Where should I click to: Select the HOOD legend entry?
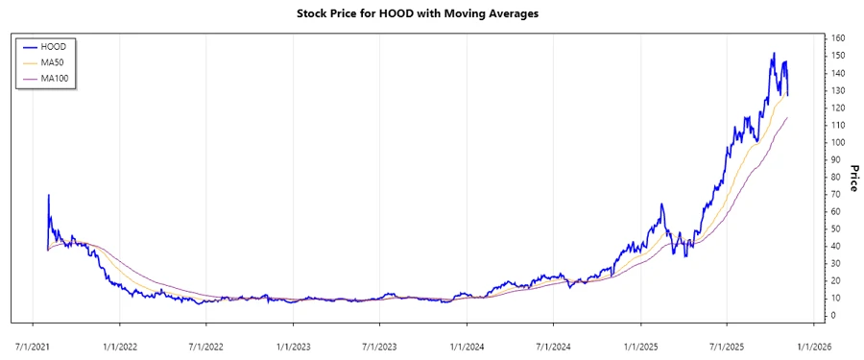coord(53,45)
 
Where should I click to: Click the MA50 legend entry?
coord(53,61)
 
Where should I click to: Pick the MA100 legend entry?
coord(55,78)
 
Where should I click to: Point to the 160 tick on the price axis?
coord(838,38)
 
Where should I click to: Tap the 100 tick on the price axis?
coord(838,142)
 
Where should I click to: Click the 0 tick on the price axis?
coord(833,315)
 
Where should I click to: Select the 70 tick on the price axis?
coord(836,194)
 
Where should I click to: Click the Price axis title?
coord(852,177)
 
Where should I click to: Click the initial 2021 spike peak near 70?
coord(48,195)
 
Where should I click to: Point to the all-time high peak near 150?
coord(774,54)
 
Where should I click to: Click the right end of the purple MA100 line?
coord(788,117)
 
